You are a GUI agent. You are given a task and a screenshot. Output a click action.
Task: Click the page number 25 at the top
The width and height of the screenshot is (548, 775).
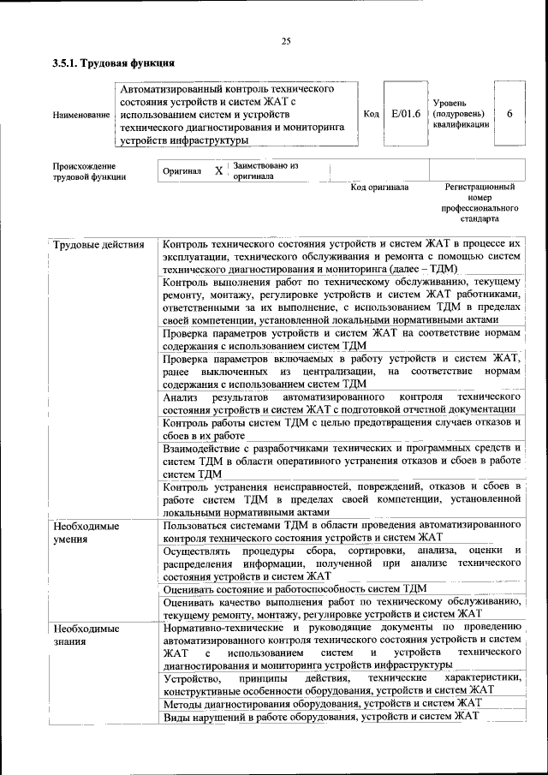coord(286,40)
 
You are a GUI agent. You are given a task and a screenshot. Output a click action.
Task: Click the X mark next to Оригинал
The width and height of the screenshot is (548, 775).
coord(218,171)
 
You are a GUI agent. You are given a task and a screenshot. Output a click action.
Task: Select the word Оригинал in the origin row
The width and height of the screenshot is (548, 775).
coord(182,171)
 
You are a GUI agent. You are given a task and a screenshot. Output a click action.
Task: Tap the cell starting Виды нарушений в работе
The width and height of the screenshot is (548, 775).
coord(320,717)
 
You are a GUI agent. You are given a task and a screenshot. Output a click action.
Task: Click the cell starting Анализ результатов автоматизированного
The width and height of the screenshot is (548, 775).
coord(342,405)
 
